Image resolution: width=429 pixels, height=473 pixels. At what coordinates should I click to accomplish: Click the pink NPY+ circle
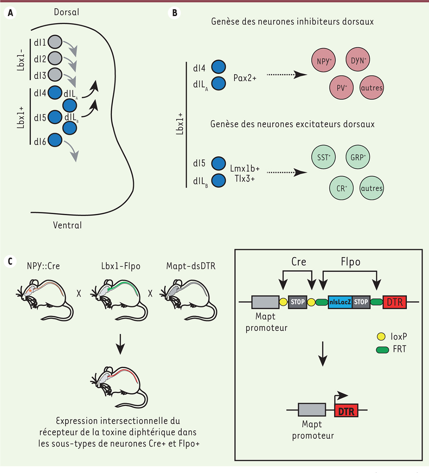click(x=323, y=61)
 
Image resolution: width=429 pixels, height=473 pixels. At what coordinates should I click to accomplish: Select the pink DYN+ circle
click(x=358, y=60)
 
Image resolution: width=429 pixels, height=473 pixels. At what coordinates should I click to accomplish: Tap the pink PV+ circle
click(x=342, y=88)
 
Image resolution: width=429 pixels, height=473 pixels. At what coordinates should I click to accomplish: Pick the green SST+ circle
click(x=323, y=157)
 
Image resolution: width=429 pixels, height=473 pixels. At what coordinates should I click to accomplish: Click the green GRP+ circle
click(x=358, y=157)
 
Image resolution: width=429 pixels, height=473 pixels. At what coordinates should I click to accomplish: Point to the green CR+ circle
click(x=342, y=188)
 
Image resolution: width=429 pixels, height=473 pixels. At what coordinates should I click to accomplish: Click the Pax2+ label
click(x=245, y=78)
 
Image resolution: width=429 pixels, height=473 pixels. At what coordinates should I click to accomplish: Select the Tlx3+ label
click(x=245, y=179)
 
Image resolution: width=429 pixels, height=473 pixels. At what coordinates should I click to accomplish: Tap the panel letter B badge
click(x=175, y=13)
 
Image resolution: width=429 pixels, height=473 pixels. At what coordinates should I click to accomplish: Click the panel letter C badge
click(x=10, y=261)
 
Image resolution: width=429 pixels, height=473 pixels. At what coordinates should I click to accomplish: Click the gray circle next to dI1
click(x=55, y=42)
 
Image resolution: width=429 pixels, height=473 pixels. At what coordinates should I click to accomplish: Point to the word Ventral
click(x=67, y=225)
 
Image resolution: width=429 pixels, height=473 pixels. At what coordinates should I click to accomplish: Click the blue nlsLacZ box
click(x=340, y=302)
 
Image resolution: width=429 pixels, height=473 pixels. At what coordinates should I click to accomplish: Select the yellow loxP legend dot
click(x=381, y=336)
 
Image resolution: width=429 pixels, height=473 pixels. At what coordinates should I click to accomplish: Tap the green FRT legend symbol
click(x=382, y=350)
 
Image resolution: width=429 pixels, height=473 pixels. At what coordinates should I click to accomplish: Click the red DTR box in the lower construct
click(x=346, y=411)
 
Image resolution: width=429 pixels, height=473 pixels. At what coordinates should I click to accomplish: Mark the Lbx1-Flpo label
click(x=120, y=266)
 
